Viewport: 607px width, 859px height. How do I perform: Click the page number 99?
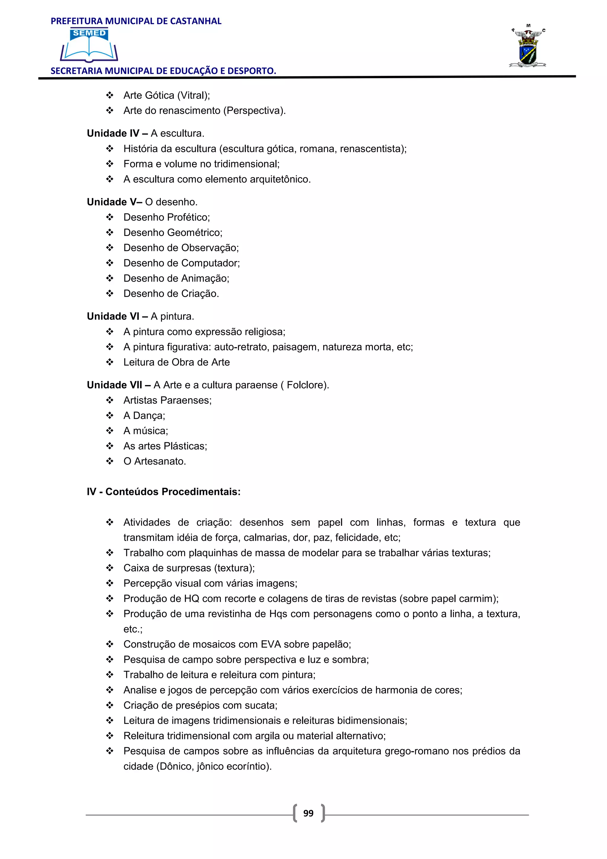click(308, 813)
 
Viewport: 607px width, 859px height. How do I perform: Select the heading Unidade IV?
click(113, 133)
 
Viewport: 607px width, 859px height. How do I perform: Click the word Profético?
click(188, 217)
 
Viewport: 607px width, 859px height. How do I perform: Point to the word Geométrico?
click(194, 232)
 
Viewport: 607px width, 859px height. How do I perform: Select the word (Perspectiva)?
click(254, 111)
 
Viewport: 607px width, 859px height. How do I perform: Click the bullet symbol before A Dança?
click(110, 415)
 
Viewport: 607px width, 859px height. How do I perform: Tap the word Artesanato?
click(160, 461)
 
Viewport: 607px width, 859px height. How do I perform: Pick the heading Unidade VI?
click(113, 316)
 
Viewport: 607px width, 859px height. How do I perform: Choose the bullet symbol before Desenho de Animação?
click(110, 278)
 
